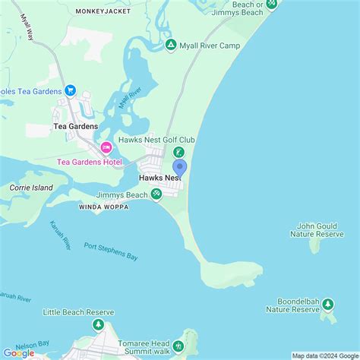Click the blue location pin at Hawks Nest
[x=179, y=166]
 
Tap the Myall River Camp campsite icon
[x=172, y=45]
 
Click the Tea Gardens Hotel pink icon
[x=106, y=147]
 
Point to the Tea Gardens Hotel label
[x=89, y=162]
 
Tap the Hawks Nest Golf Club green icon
[x=179, y=153]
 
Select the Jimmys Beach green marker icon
[x=156, y=194]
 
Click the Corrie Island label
[x=31, y=187]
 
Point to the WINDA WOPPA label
[x=103, y=206]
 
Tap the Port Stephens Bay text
[x=111, y=251]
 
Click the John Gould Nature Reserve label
[x=317, y=229]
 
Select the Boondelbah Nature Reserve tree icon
[x=328, y=305]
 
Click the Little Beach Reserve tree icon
[x=98, y=325]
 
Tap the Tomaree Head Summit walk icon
[x=179, y=346]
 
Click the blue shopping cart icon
[x=71, y=91]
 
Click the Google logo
[x=18, y=352]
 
